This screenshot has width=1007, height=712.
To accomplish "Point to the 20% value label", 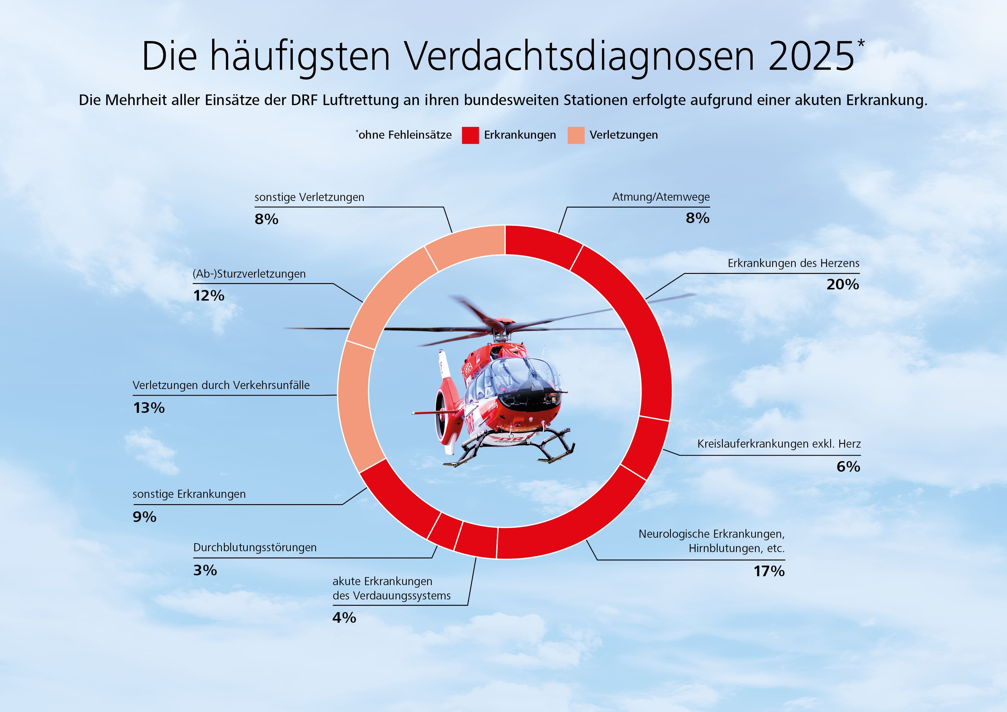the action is coord(843,284).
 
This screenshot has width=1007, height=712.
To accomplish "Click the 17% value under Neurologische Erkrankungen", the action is coord(769,571).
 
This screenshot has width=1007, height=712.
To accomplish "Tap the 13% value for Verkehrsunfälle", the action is coord(149,408).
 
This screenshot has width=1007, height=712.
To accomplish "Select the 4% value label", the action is coord(344,618).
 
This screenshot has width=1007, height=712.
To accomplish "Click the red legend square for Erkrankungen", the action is coord(470,135).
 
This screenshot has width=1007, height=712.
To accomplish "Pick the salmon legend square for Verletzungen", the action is coord(576,135).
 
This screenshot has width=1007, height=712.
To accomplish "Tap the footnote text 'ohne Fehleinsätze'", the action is coord(405,135).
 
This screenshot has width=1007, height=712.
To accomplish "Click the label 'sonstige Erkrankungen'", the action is coord(189,494).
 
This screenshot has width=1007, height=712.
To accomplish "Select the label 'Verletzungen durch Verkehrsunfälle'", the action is coord(221,385).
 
